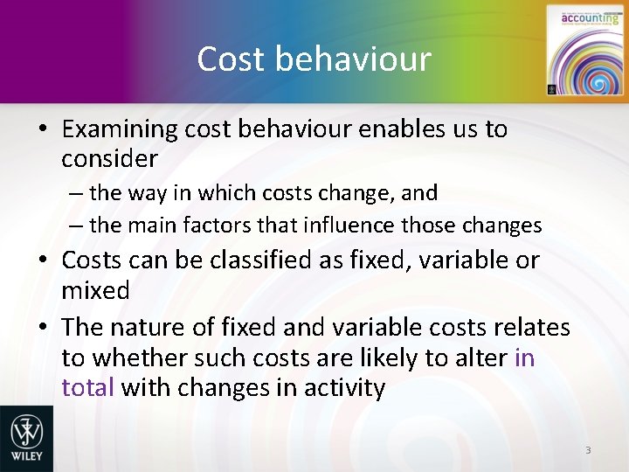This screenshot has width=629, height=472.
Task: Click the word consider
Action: [x=109, y=159]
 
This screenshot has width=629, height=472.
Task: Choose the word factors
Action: [x=218, y=225]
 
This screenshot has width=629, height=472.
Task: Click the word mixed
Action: [x=95, y=289]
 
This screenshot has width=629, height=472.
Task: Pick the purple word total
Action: [x=87, y=387]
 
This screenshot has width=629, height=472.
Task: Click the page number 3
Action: [x=588, y=450]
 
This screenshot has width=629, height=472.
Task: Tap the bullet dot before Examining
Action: [x=42, y=130]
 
